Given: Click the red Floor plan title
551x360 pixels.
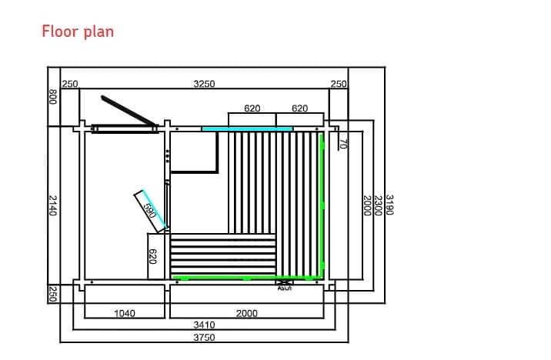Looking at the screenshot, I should tap(78, 32).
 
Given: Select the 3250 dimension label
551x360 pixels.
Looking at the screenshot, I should tap(204, 84).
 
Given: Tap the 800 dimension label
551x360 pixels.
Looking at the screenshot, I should tap(52, 97).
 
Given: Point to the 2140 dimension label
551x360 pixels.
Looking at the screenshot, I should tap(52, 205).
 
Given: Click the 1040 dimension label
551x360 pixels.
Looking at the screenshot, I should tap(125, 313).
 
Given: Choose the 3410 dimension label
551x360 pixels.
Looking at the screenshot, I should tap(204, 325).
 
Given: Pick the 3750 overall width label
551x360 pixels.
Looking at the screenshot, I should tap(204, 336).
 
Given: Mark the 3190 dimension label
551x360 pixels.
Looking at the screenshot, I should tap(389, 205).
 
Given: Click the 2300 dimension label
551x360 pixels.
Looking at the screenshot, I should tap(378, 205).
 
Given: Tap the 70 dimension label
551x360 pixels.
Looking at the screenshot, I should tap(343, 143).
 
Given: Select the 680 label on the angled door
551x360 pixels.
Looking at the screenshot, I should tap(149, 209).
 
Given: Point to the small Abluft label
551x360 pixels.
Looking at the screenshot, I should tap(284, 288).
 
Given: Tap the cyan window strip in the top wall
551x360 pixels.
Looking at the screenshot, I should tap(247, 128).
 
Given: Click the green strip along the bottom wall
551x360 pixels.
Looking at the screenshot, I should tap(246, 278).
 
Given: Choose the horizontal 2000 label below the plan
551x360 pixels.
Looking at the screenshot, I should tap(246, 313).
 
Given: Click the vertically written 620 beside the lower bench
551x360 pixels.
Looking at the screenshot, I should tap(152, 256).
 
